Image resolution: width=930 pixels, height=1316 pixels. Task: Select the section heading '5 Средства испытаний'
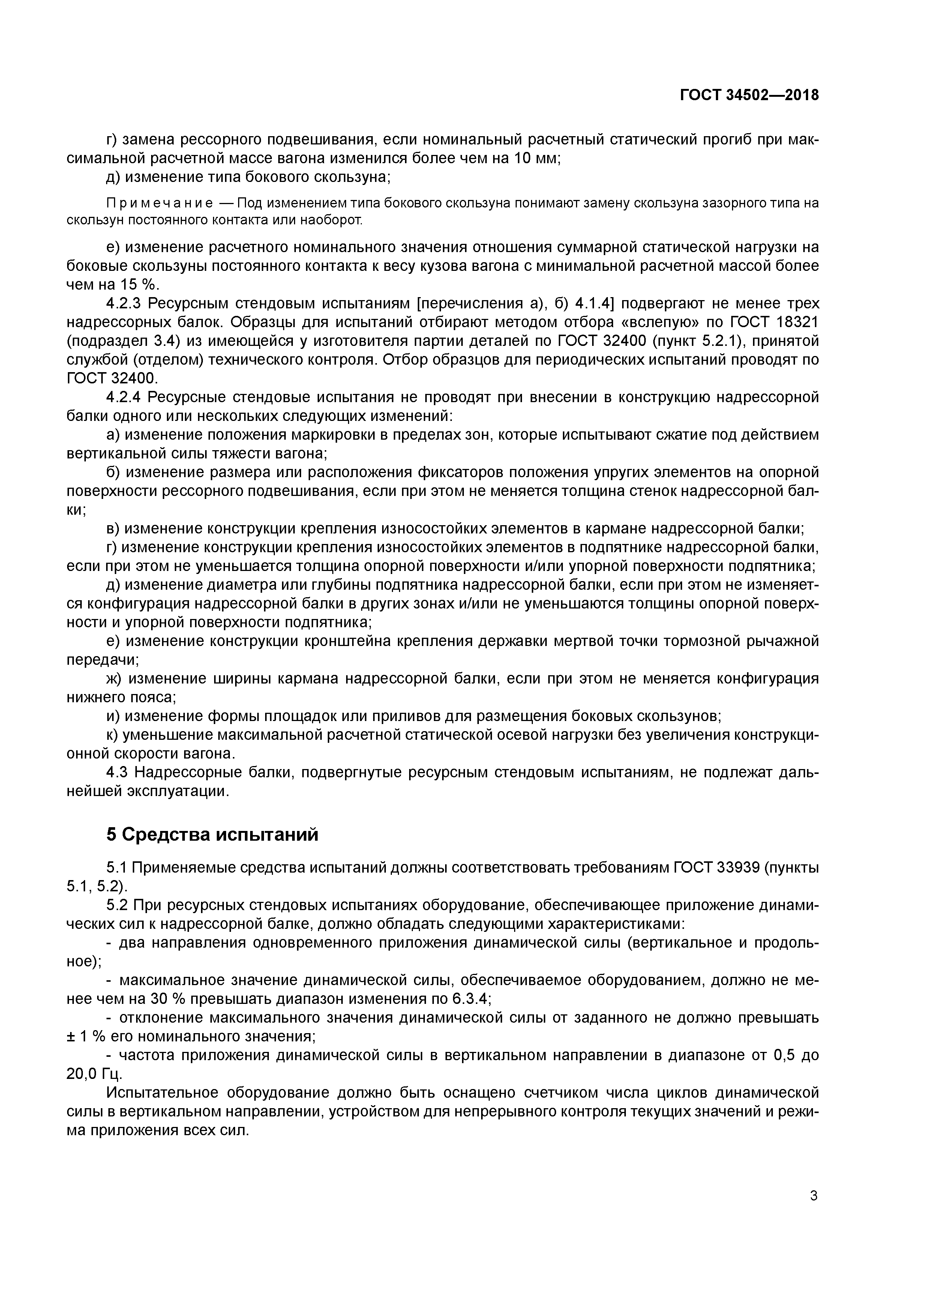(212, 835)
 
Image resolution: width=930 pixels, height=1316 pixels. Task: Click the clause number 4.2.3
(125, 304)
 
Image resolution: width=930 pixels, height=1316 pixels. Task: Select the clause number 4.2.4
(125, 397)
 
